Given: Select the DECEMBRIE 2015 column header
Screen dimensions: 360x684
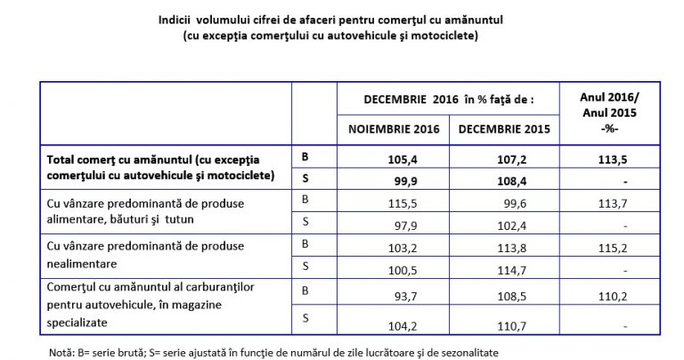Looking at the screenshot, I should coord(504,128).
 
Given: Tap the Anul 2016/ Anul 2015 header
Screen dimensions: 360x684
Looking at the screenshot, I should coord(610,113).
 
